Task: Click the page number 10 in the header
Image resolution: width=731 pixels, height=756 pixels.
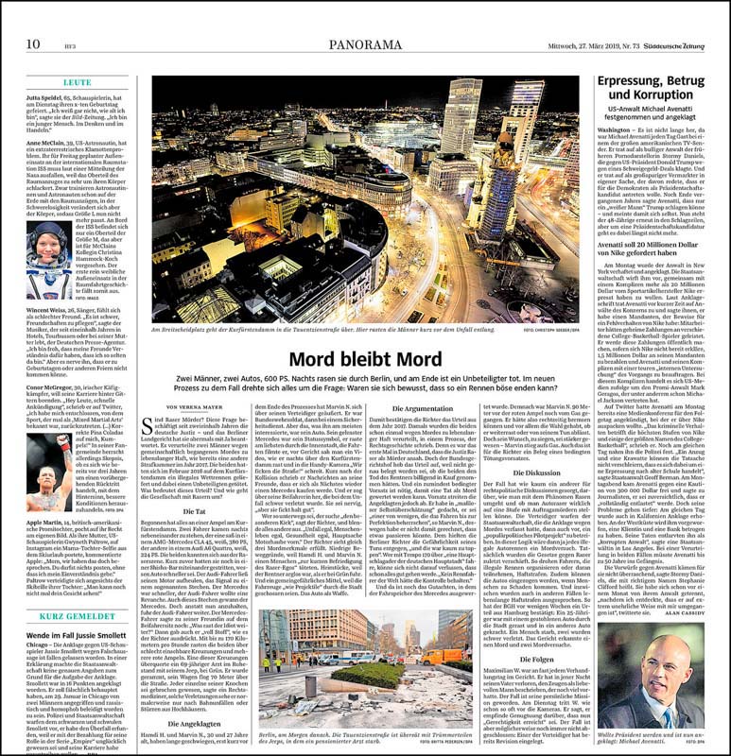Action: (32, 18)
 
